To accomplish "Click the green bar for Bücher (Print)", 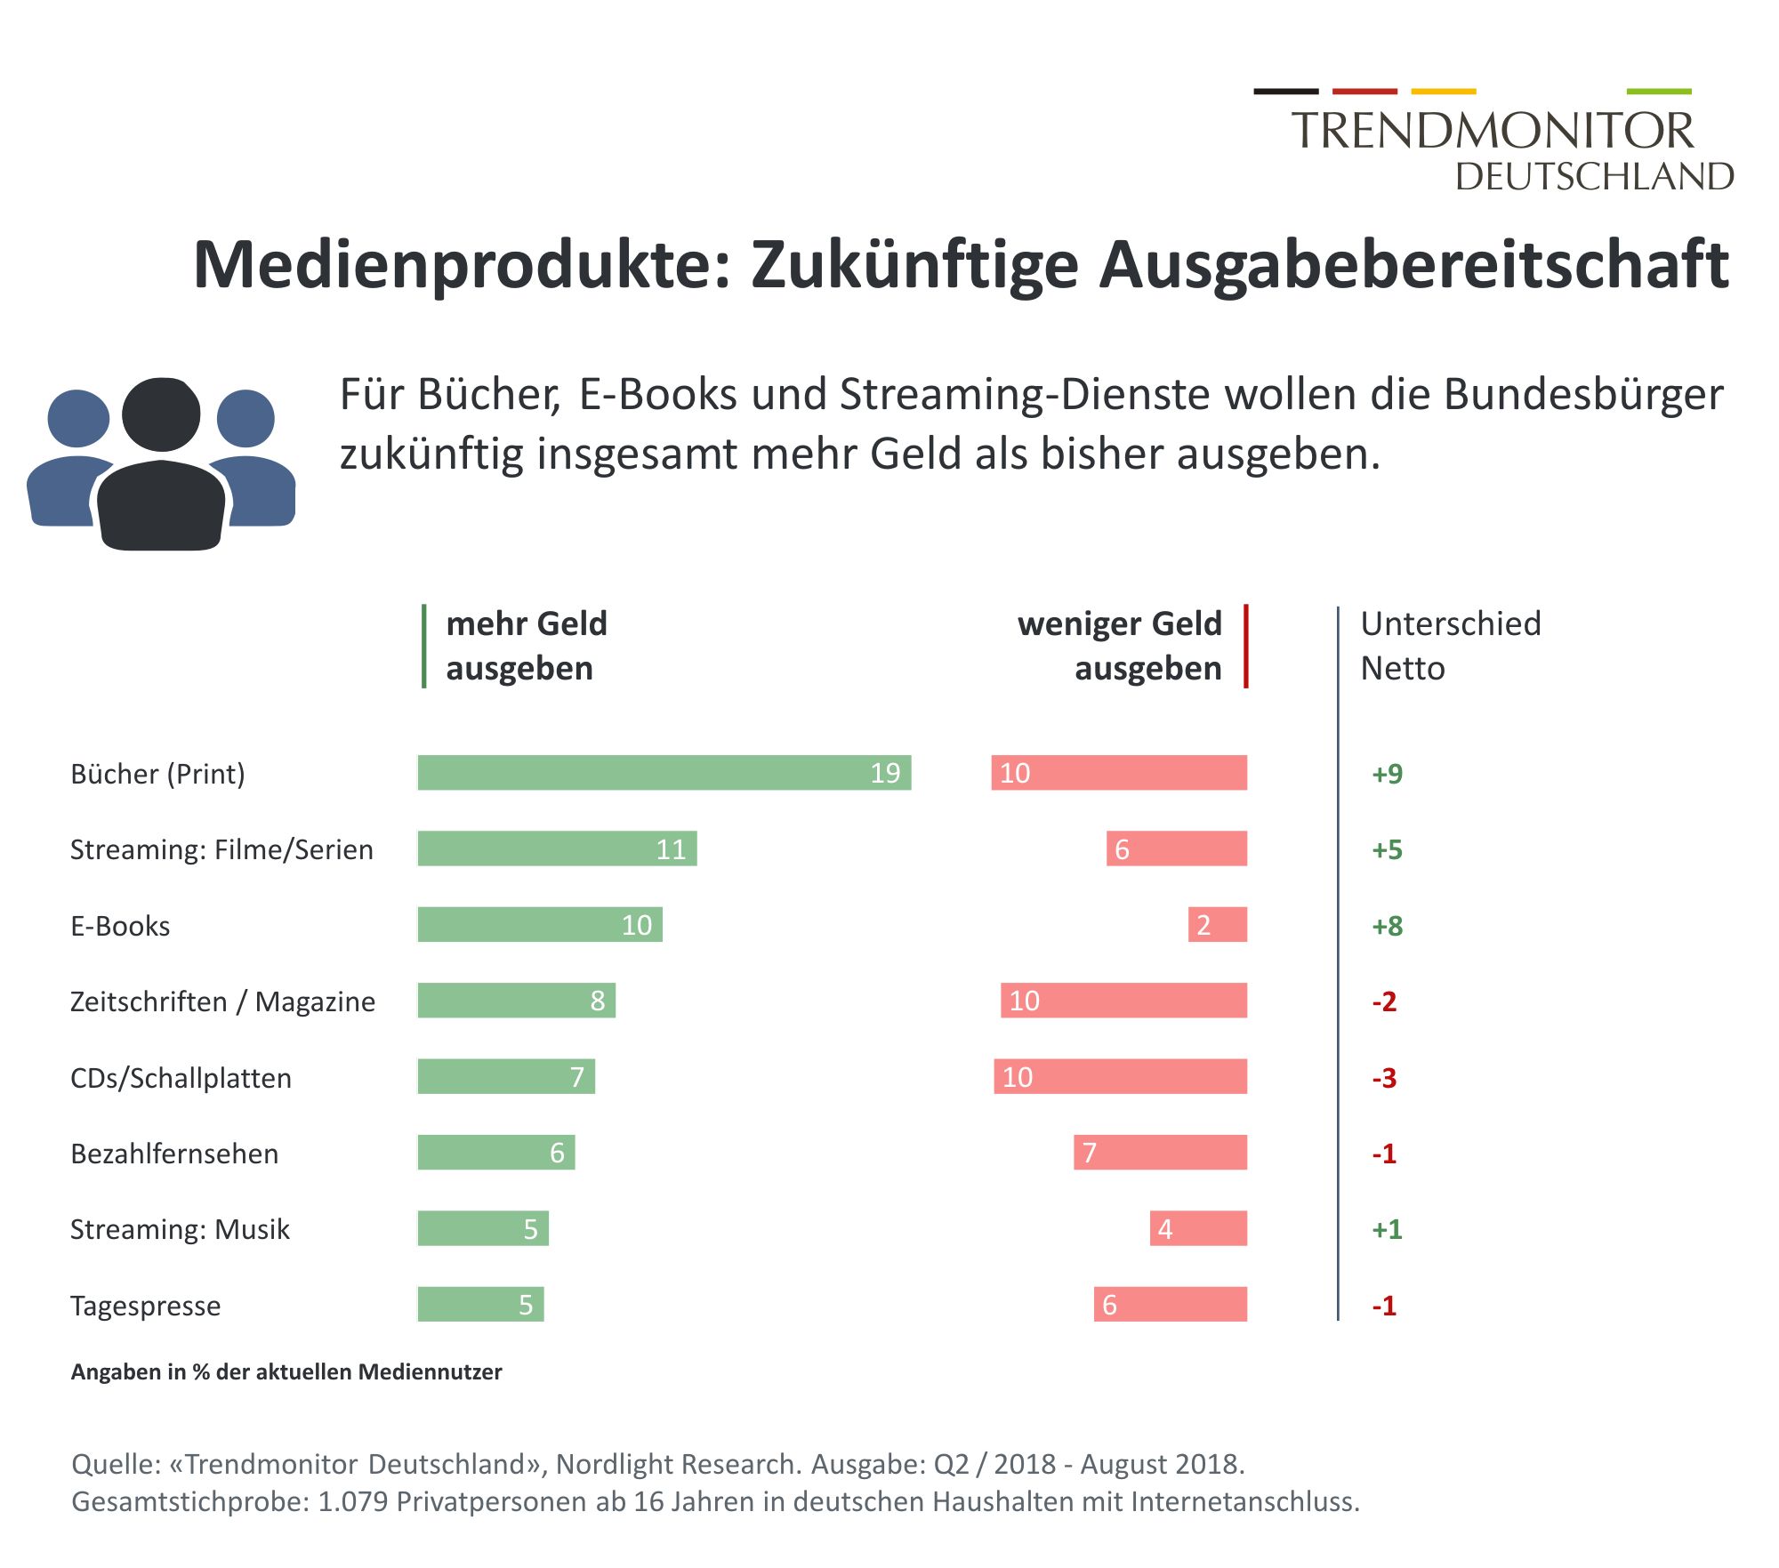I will [664, 772].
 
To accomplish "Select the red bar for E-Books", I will [1217, 924].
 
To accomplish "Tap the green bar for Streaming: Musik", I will [483, 1228].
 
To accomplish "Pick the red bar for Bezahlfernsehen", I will [1160, 1152].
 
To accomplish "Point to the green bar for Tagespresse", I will [480, 1304].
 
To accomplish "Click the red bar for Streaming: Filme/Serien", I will [1176, 848].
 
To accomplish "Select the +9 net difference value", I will [1387, 773].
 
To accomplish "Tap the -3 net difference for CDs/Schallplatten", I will [1384, 1077].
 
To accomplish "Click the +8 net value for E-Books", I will [1387, 925].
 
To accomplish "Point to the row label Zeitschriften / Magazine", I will [222, 1001].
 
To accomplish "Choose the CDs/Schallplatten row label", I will [181, 1077].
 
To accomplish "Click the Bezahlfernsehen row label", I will [174, 1154].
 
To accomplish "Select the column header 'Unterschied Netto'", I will [1450, 646].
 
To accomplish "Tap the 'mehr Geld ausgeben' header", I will [526, 646].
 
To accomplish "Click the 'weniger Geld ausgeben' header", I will [1120, 646].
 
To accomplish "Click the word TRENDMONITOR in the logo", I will [1493, 131].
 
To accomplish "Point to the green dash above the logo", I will [1658, 91].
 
